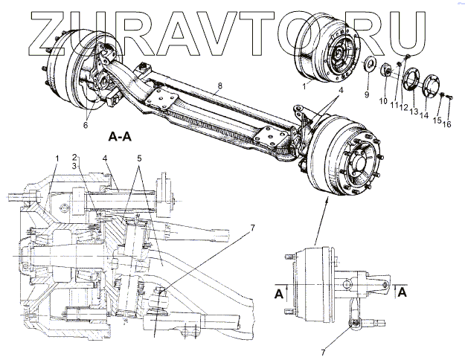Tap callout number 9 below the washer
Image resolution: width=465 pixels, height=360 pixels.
(x=366, y=95)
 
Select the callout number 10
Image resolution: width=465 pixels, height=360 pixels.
(x=384, y=100)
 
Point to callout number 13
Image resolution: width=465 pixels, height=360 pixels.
(x=414, y=111)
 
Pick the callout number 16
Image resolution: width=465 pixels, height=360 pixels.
(x=447, y=125)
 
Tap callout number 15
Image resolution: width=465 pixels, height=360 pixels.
(x=437, y=120)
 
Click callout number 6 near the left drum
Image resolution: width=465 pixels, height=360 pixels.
(x=86, y=125)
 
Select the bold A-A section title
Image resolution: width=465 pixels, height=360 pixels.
(x=121, y=137)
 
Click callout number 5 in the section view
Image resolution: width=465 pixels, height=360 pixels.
(x=139, y=158)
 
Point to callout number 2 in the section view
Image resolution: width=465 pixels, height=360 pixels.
(x=75, y=157)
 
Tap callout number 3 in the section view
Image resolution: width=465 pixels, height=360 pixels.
(x=76, y=167)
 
